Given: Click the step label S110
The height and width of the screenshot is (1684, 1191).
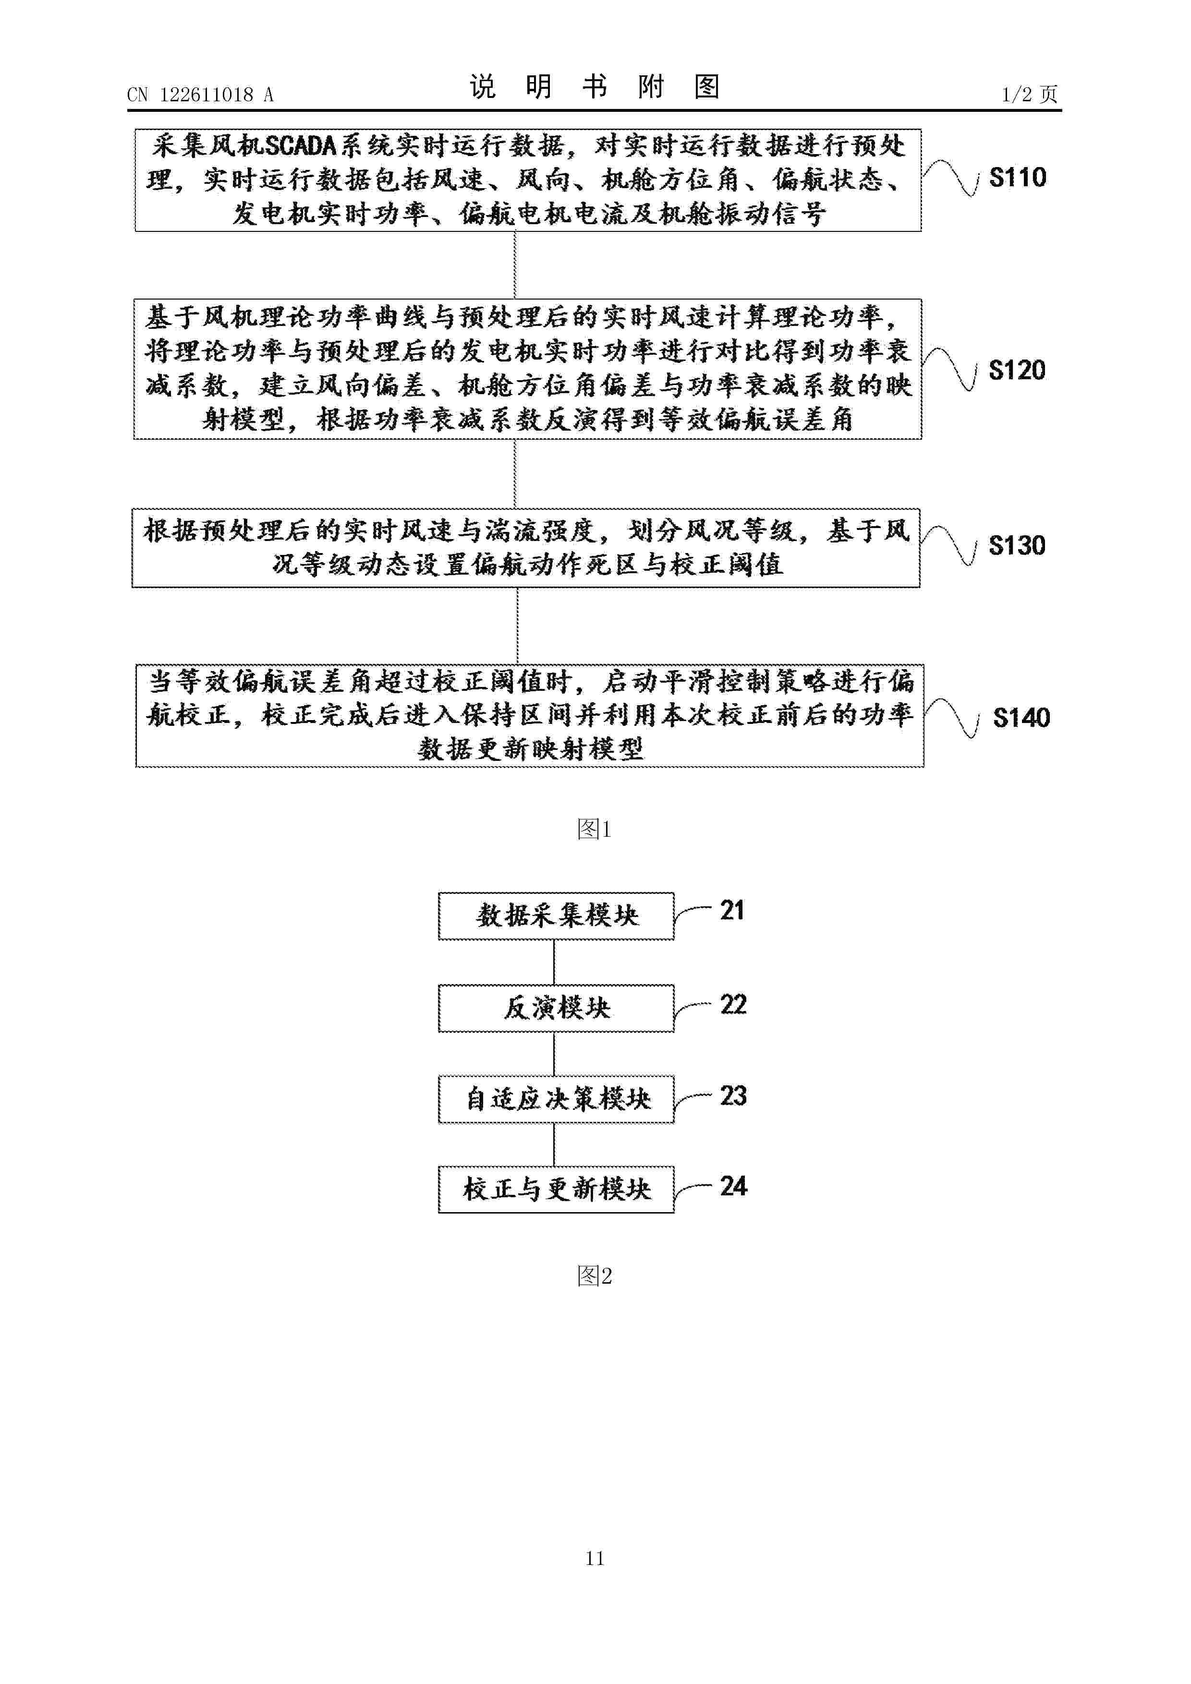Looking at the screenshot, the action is pos(1017,178).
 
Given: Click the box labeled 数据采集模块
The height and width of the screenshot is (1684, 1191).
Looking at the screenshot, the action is pos(556,916).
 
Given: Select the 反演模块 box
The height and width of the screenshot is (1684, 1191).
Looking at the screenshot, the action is pos(556,1009).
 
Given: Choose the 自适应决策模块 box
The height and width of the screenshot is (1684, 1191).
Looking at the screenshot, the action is pos(556,1099).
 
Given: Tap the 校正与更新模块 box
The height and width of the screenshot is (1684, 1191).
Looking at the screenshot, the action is pos(556,1190).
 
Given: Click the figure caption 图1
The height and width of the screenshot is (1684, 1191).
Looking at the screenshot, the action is pos(595,830).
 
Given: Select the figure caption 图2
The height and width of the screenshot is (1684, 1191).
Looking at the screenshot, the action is pos(595,1276).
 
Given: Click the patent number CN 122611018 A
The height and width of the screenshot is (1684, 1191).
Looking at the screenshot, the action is pos(200,95).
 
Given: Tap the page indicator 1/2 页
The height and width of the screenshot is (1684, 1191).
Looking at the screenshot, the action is pos(1030,94).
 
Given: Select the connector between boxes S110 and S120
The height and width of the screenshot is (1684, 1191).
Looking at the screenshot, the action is pos(515,265).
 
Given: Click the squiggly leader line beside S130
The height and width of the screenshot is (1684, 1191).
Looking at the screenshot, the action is pos(949,546).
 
